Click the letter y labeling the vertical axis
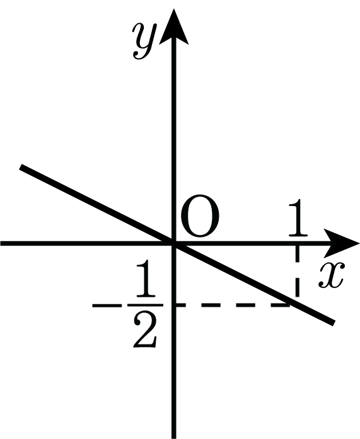point(144,40)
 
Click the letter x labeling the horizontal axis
point(331,275)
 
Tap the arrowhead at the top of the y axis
point(174,26)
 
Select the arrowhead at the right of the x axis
point(342,243)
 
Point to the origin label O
point(199,215)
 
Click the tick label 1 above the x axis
point(298,217)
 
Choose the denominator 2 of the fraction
point(145,330)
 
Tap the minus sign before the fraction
point(107,305)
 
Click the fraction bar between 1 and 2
point(146,305)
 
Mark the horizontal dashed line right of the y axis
point(233,305)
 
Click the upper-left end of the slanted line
point(21,167)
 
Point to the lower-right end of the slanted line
point(334,323)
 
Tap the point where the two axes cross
point(174,243)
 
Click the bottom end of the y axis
point(174,438)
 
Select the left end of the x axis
point(1,243)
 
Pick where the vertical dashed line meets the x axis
point(297,243)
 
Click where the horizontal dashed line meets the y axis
point(174,305)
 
